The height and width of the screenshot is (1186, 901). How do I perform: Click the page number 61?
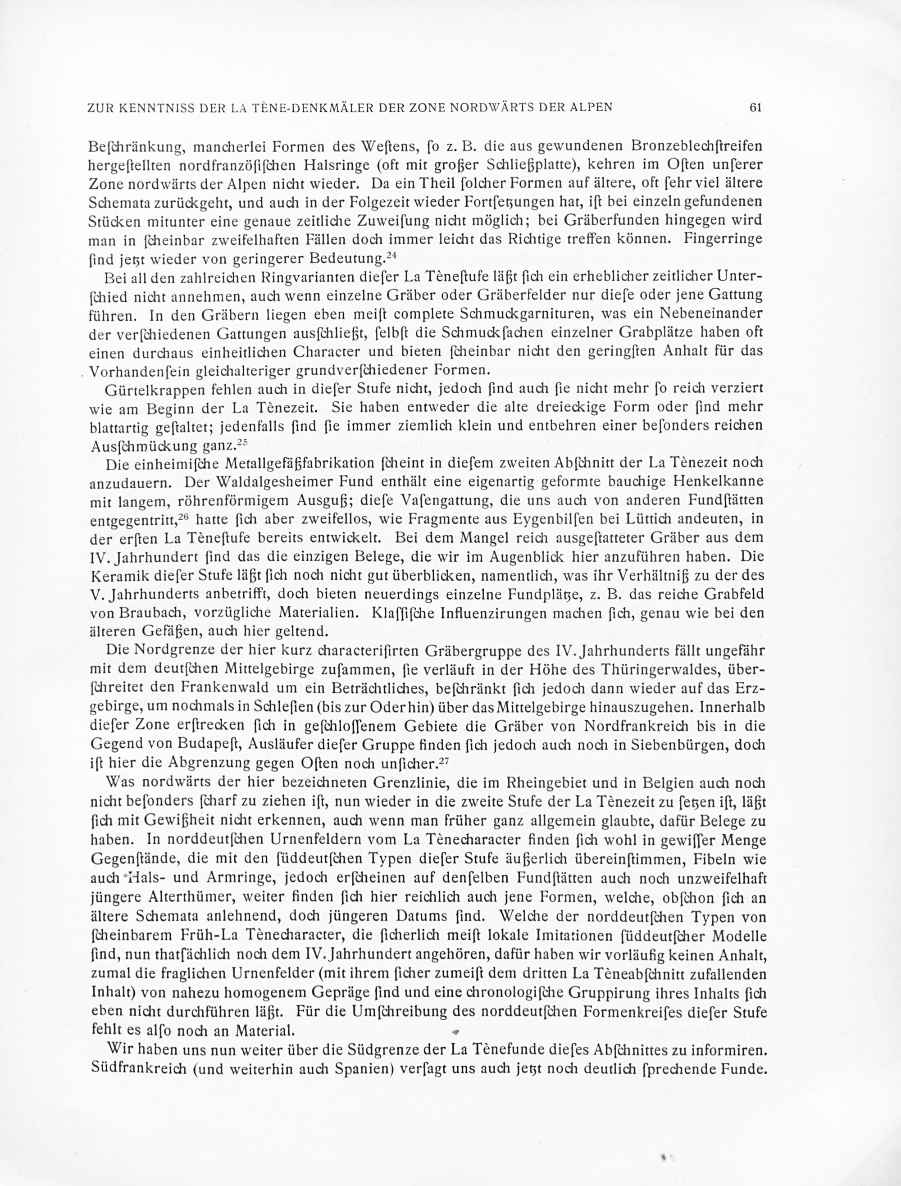[x=755, y=107]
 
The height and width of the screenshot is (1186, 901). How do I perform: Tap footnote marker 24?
[x=391, y=255]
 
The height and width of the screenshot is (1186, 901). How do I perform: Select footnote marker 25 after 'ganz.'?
[x=241, y=442]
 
